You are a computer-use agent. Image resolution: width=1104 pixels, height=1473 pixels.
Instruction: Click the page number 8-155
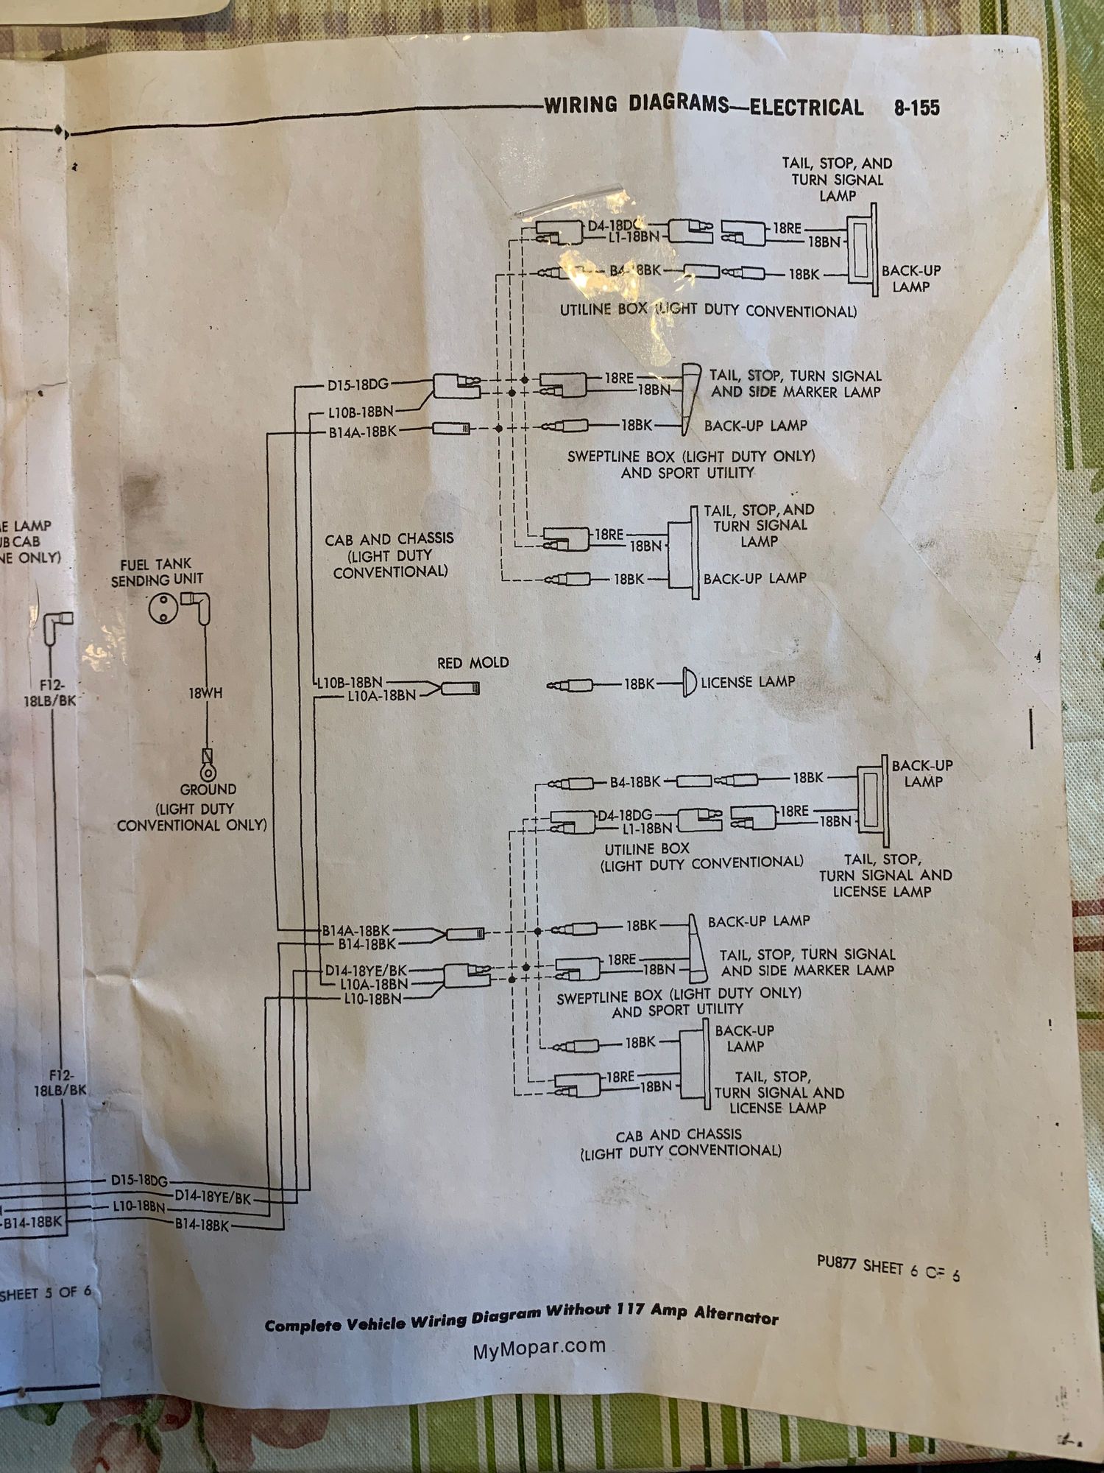pyautogui.click(x=916, y=108)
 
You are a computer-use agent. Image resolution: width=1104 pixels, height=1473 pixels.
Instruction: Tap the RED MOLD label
pyautogui.click(x=473, y=663)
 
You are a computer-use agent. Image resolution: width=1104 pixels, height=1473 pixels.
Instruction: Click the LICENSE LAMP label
pyautogui.click(x=747, y=682)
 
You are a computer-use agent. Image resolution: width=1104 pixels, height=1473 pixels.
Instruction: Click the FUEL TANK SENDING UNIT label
pyautogui.click(x=156, y=572)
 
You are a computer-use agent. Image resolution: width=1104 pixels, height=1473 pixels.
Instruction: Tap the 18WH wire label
pyautogui.click(x=205, y=693)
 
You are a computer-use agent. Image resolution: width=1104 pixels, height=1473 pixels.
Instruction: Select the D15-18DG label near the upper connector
pyautogui.click(x=358, y=384)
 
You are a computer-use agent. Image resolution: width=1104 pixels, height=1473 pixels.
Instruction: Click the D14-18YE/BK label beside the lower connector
pyautogui.click(x=366, y=971)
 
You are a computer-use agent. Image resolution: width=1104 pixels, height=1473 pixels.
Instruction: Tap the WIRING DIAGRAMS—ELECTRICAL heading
pyautogui.click(x=703, y=106)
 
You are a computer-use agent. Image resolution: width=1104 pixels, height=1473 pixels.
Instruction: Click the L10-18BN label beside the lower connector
pyautogui.click(x=372, y=999)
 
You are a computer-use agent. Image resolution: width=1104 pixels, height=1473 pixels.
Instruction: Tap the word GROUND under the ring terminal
pyautogui.click(x=208, y=790)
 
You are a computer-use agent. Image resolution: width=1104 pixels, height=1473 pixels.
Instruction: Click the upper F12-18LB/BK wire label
pyautogui.click(x=50, y=693)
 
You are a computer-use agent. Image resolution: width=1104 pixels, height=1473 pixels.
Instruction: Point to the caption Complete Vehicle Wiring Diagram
pyautogui.click(x=521, y=1318)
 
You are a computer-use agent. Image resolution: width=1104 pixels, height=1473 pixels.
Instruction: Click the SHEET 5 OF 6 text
pyautogui.click(x=46, y=1293)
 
